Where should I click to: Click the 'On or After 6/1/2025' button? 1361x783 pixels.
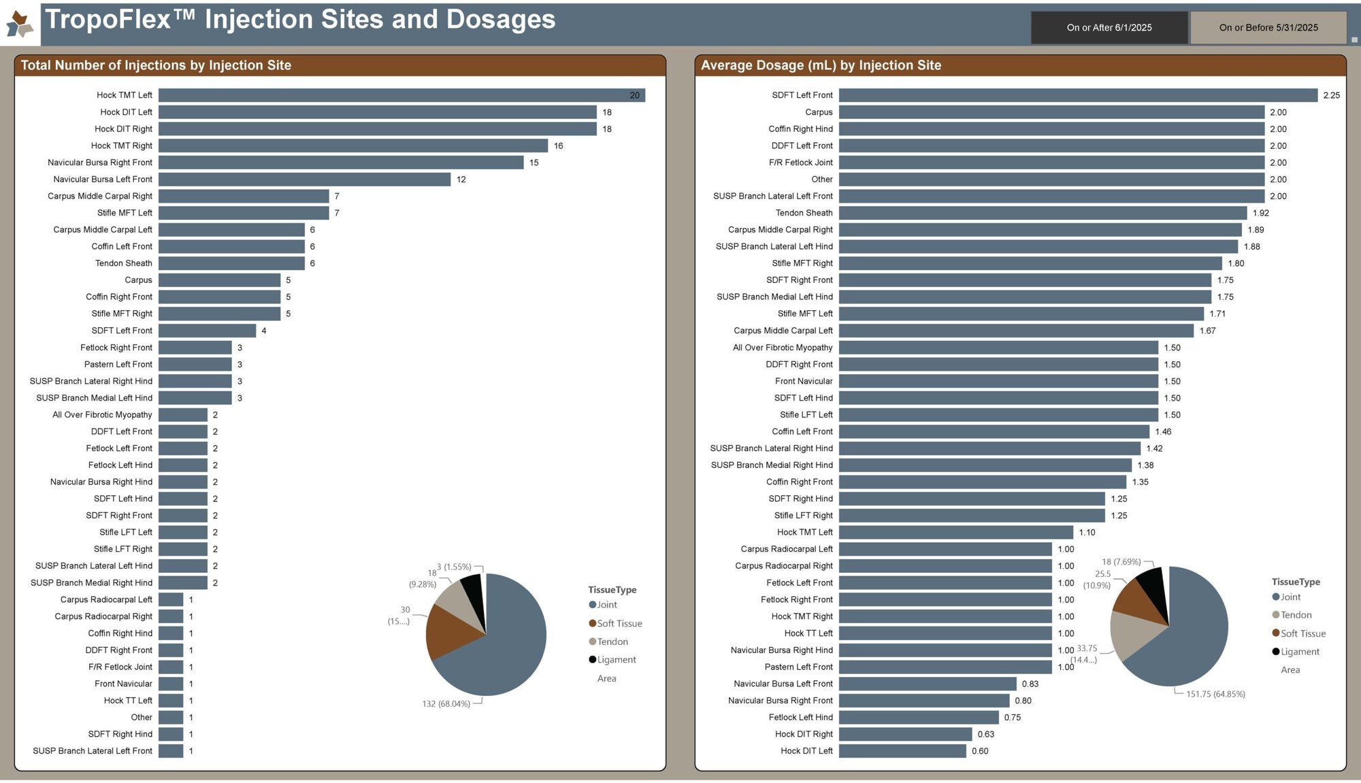tap(1109, 28)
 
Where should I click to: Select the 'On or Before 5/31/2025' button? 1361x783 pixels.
tap(1268, 28)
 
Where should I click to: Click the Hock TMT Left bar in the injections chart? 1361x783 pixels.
tap(401, 95)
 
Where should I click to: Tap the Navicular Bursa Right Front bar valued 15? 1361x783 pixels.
tap(341, 163)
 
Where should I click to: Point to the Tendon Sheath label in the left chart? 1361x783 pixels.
tap(124, 263)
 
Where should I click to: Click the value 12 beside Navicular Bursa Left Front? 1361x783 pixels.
tap(461, 180)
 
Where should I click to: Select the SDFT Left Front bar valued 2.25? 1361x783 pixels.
tap(1078, 95)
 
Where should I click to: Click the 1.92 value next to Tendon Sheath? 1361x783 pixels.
tap(1260, 213)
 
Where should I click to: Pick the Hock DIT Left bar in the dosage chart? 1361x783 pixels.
tap(902, 751)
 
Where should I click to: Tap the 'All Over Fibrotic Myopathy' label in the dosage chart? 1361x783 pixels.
tap(783, 348)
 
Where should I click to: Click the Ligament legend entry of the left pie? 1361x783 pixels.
tap(616, 660)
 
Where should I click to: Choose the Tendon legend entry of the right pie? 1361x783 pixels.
tap(1296, 615)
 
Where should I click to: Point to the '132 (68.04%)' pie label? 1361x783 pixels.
tap(446, 704)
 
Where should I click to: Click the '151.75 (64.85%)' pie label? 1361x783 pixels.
tap(1215, 695)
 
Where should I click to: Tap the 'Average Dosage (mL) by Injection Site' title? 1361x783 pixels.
tap(821, 65)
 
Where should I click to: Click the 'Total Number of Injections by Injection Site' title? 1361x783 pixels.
tap(156, 65)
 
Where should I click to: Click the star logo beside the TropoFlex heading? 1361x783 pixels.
tap(20, 24)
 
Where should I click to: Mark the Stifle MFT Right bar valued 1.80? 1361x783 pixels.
tap(1030, 263)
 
